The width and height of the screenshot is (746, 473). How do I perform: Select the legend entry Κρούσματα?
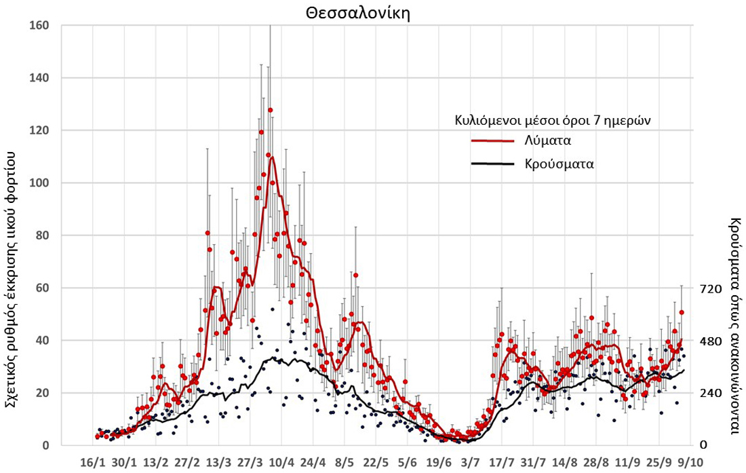click(559, 164)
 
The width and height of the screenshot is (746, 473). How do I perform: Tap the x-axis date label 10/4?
click(282, 462)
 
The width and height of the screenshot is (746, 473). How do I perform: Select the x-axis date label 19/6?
click(439, 462)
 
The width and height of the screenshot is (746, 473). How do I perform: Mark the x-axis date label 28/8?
click(596, 462)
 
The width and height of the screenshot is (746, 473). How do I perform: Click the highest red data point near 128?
click(270, 110)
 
